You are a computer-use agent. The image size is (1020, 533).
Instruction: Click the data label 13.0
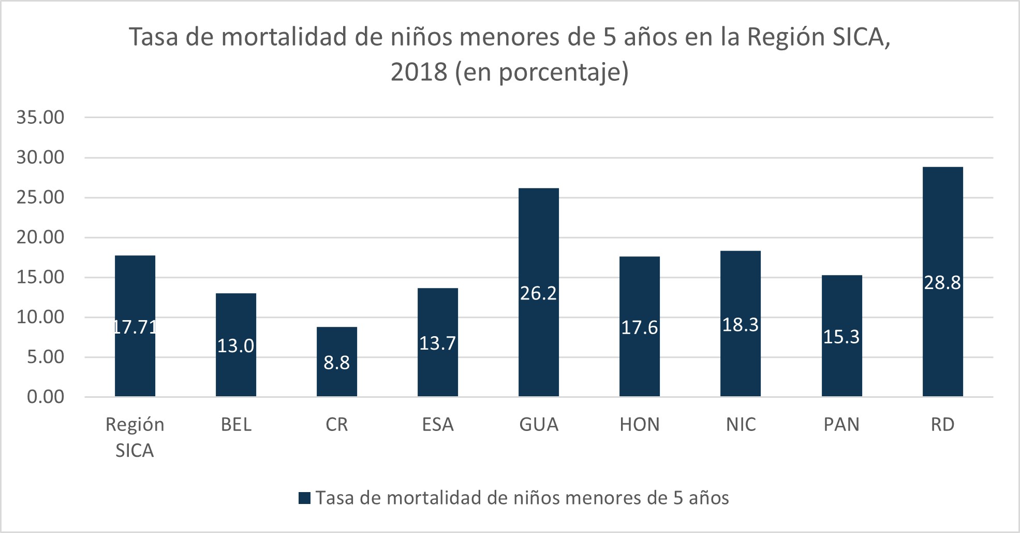(235, 346)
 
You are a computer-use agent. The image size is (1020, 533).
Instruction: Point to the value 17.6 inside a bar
(640, 328)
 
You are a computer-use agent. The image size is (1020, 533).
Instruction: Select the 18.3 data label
(741, 325)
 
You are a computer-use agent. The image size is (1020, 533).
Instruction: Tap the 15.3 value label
(841, 337)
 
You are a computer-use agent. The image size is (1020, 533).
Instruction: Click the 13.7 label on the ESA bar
(437, 343)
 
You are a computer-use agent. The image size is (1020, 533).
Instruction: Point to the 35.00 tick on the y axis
(40, 118)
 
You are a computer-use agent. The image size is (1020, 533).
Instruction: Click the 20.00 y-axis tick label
(40, 237)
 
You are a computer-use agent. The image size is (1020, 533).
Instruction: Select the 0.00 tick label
(46, 397)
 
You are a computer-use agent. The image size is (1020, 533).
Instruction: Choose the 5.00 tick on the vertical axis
(46, 357)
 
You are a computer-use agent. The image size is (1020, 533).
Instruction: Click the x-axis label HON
(640, 425)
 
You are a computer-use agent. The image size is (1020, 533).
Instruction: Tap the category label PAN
(841, 425)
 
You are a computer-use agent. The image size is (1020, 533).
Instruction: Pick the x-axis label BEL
(236, 425)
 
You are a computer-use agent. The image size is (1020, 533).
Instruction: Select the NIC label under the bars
(741, 425)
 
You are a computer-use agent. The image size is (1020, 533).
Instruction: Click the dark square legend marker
(305, 498)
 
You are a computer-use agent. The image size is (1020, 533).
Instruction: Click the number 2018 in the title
(419, 72)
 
